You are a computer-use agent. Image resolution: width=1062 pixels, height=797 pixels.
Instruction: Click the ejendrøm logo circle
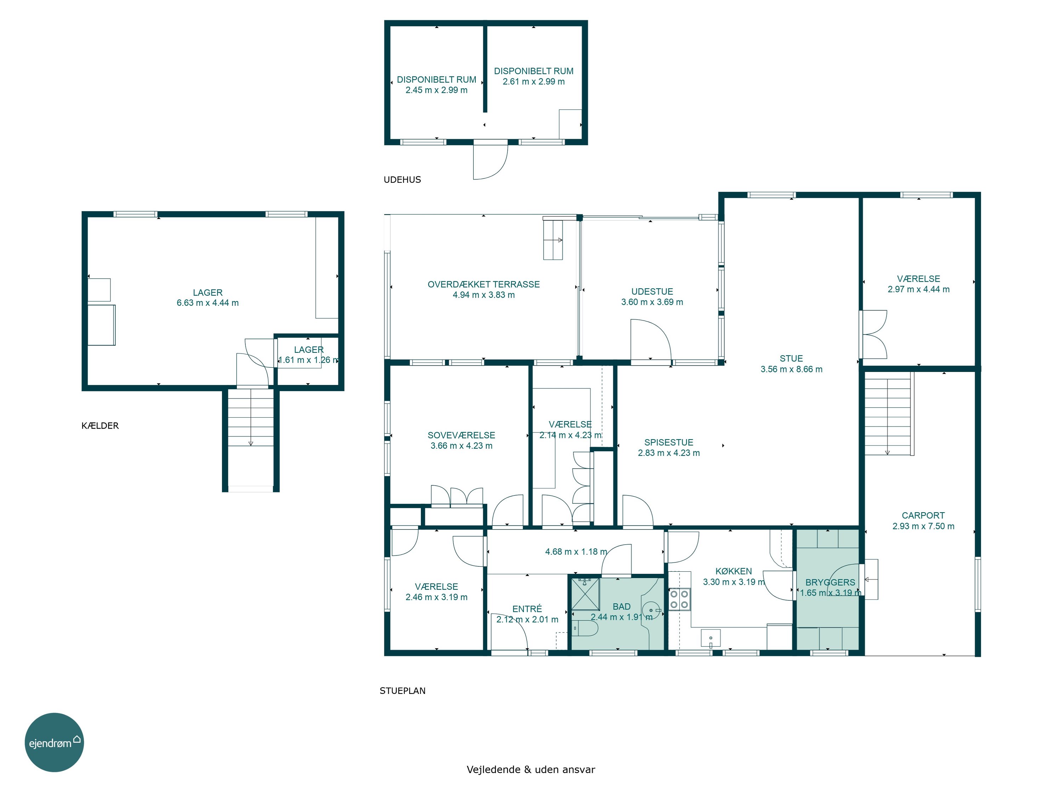(x=54, y=742)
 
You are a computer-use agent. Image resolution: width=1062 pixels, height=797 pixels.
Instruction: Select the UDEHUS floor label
(x=402, y=180)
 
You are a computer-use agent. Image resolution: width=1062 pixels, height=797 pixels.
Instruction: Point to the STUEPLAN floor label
(x=402, y=691)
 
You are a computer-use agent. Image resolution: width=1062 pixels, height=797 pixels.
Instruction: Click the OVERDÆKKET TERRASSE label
(x=484, y=284)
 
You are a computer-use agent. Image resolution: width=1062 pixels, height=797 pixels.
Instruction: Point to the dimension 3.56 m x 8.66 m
(x=791, y=369)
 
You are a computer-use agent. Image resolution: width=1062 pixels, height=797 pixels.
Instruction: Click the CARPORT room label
(x=923, y=515)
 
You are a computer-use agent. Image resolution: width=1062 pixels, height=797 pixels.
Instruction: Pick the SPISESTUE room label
(x=669, y=442)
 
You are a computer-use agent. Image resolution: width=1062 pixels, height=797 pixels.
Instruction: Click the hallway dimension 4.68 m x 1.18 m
(x=576, y=552)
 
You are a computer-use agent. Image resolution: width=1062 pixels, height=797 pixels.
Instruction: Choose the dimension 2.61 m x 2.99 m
(x=533, y=82)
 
